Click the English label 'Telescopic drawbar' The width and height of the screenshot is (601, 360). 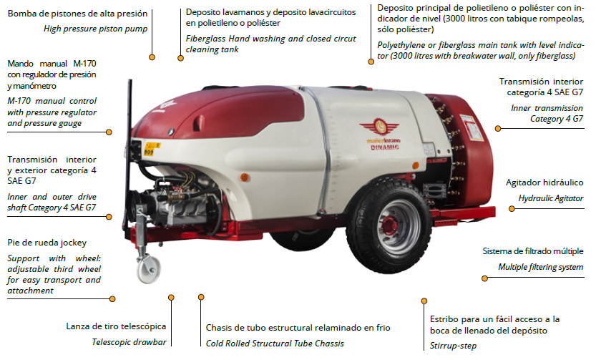click(x=129, y=341)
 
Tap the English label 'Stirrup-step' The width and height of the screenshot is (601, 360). click(x=453, y=345)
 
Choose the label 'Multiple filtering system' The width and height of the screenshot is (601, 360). click(x=541, y=267)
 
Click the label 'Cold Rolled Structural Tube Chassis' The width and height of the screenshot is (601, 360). click(x=276, y=342)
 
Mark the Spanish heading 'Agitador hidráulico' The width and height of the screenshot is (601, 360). click(x=544, y=183)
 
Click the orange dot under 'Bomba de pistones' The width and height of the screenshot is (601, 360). click(x=152, y=56)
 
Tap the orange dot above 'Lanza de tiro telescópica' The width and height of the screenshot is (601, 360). click(x=172, y=296)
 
